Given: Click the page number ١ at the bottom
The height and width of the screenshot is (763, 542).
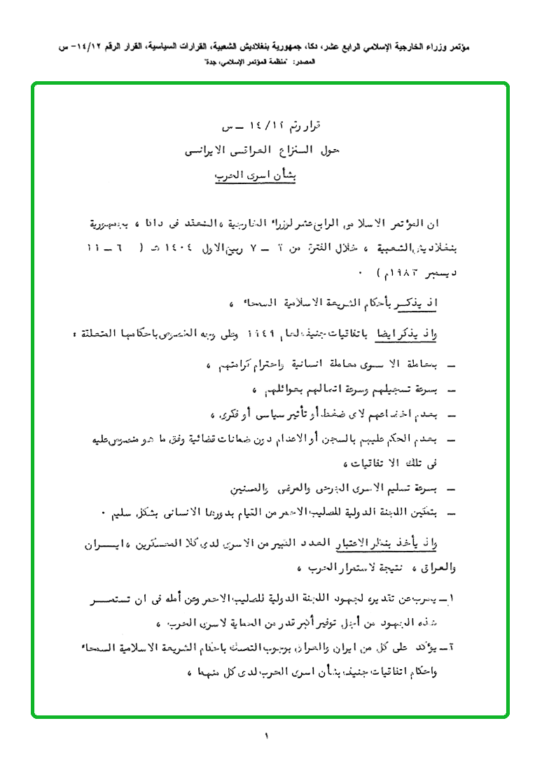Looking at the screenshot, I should click(267, 736).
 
